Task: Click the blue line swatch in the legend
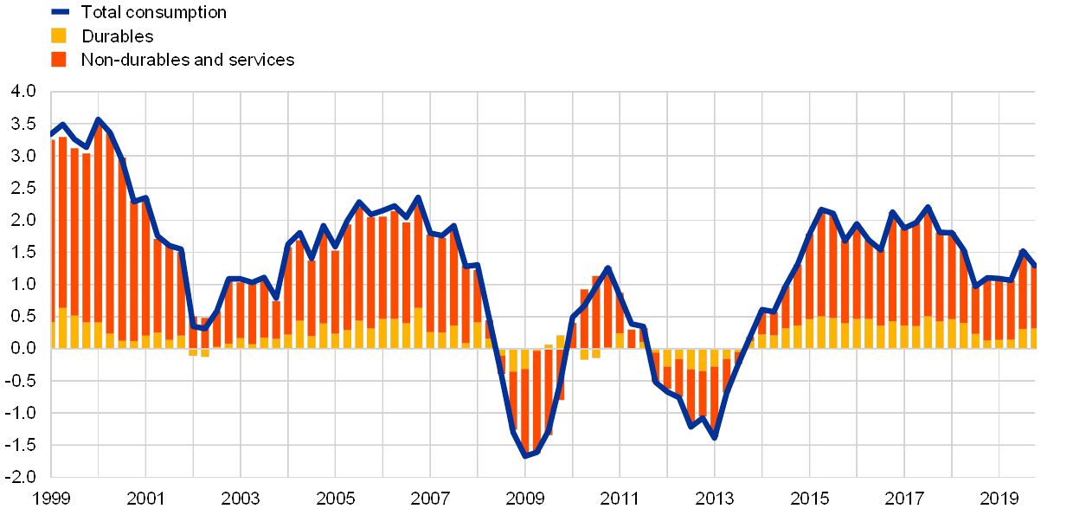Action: click(x=60, y=12)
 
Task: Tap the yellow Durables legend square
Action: click(x=59, y=35)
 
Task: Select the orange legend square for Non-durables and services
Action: click(x=59, y=59)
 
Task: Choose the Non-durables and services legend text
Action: click(x=188, y=59)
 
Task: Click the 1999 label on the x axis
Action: click(x=52, y=499)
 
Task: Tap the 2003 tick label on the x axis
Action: click(x=241, y=499)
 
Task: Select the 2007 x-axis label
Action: click(x=431, y=499)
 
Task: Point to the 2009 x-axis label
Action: click(x=525, y=499)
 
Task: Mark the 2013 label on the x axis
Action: click(x=715, y=499)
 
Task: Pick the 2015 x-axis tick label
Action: click(x=810, y=499)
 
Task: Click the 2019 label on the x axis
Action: click(x=999, y=499)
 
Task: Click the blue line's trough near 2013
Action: click(x=715, y=438)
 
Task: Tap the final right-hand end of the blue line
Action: click(x=1035, y=266)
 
